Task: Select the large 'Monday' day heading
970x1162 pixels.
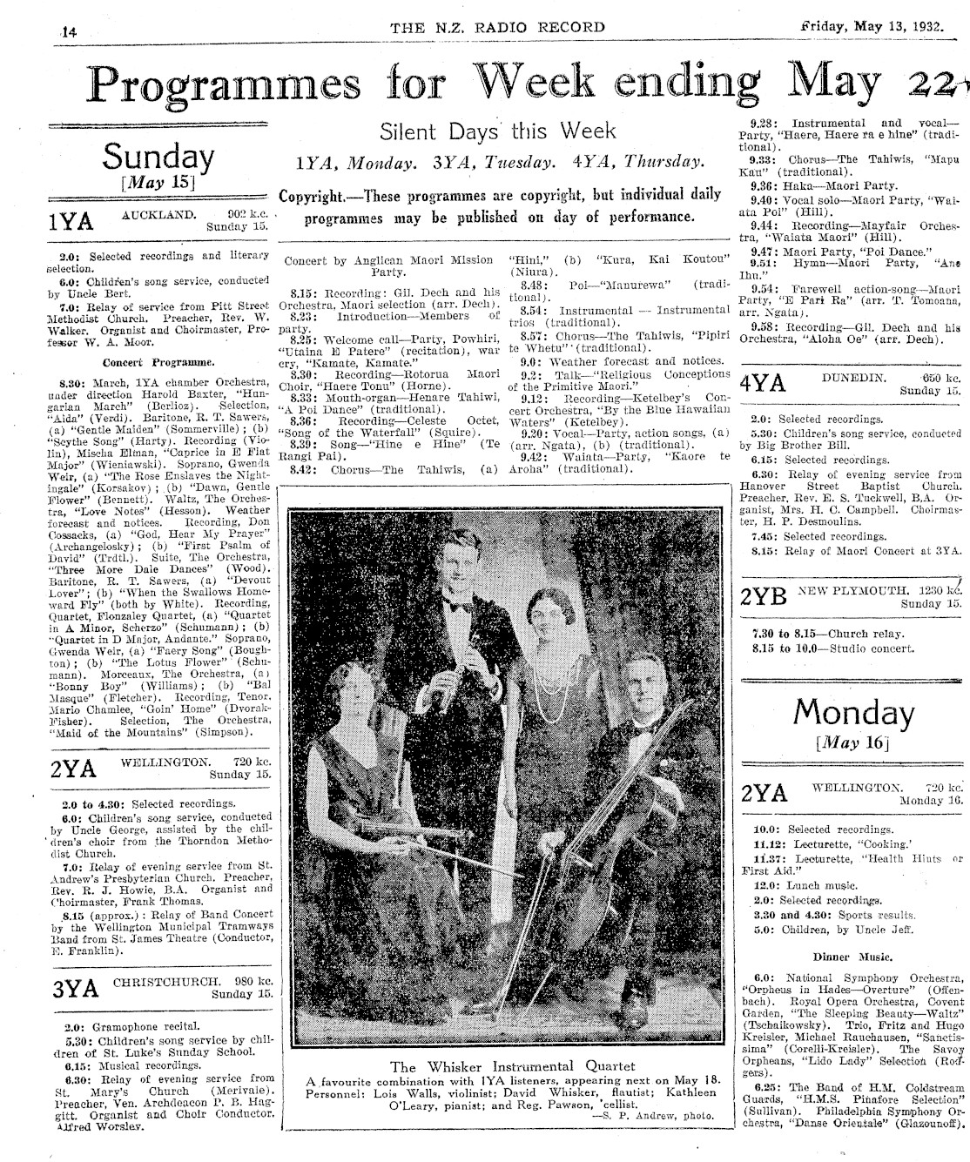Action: (x=853, y=715)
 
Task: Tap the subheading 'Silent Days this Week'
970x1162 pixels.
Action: (x=497, y=131)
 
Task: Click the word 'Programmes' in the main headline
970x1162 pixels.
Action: (x=225, y=85)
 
